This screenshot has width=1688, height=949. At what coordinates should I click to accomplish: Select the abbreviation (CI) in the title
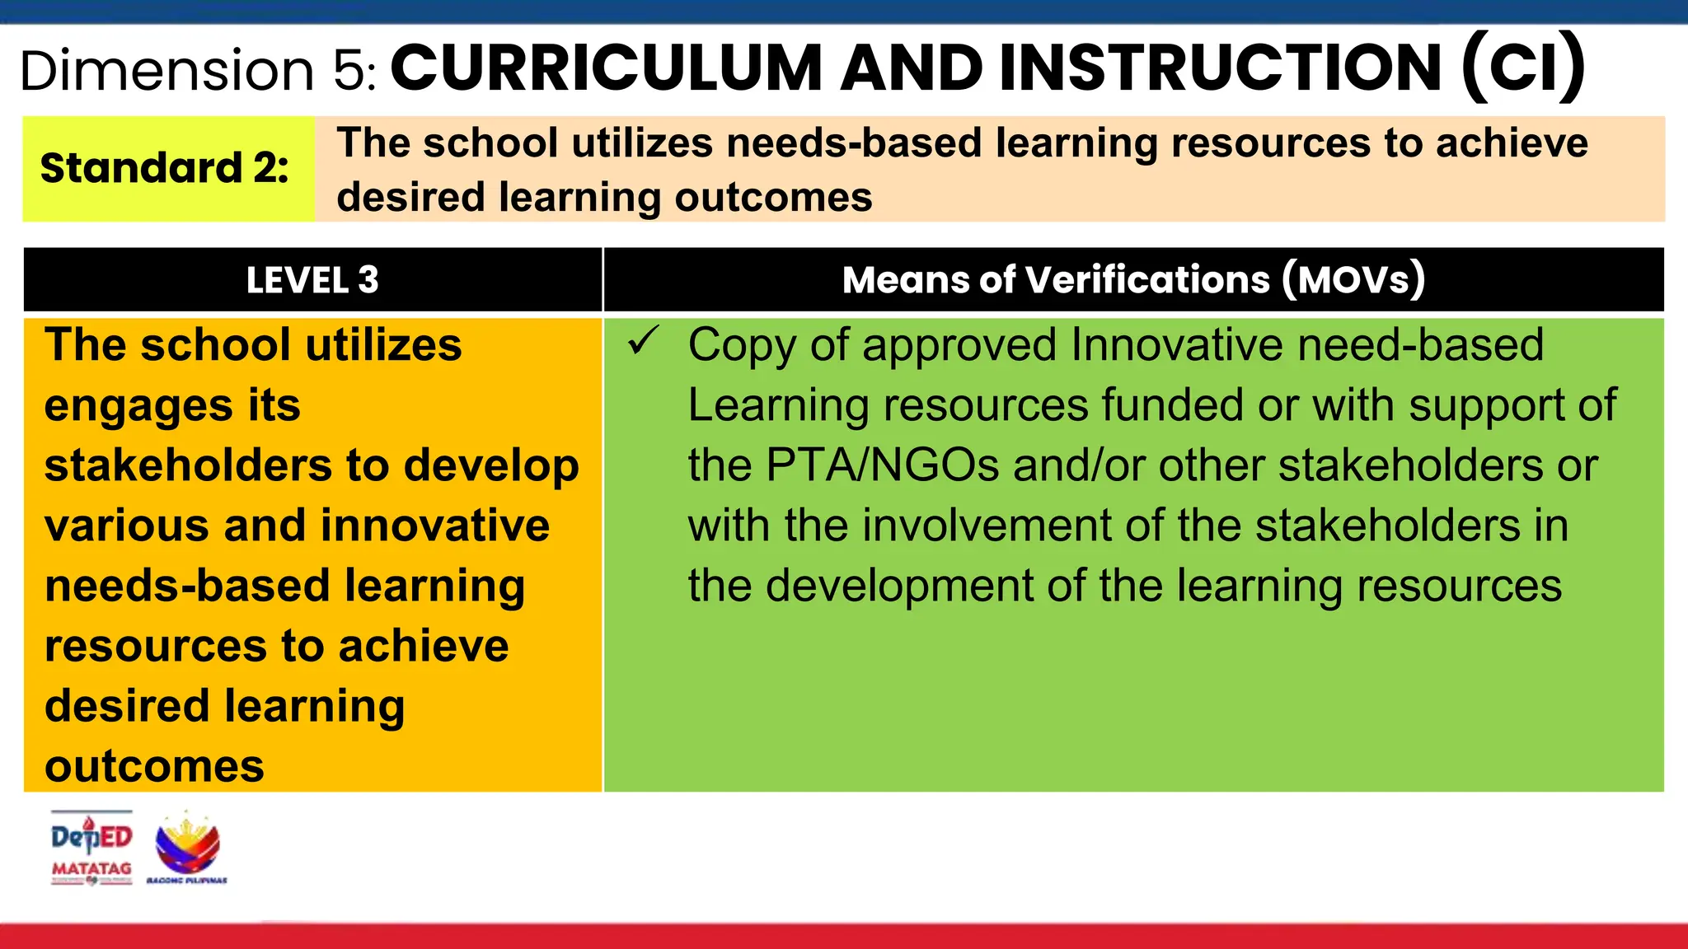point(1522,68)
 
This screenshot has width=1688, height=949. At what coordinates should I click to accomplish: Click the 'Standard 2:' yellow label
point(165,168)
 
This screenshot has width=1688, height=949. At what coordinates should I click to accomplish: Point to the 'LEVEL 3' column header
point(312,280)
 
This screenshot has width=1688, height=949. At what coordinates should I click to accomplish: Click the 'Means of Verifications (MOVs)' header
point(1133,280)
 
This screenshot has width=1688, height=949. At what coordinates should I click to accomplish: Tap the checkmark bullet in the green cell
point(643,340)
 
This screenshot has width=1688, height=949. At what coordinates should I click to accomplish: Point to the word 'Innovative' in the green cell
point(1176,344)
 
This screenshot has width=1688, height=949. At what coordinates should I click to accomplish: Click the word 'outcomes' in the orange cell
point(154,767)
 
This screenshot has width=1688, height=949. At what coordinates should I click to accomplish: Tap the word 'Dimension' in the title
point(167,71)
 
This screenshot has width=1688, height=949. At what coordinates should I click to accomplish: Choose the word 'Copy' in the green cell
point(741,346)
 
